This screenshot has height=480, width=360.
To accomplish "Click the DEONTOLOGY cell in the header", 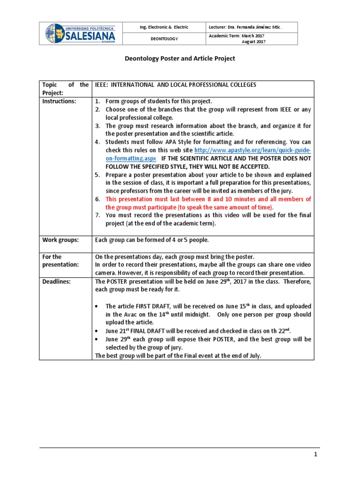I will point(164,39).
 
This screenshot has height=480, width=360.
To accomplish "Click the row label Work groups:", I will point(60,240).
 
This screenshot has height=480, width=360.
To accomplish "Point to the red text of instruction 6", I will point(208,203).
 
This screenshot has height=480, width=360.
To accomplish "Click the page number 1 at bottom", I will point(316,455).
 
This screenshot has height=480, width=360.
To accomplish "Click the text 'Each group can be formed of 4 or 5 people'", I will point(151,240).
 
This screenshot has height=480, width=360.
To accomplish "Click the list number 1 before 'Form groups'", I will point(97,101).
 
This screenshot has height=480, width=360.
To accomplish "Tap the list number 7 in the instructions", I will point(97,215).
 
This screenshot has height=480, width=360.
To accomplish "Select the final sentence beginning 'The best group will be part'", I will point(178,355).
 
